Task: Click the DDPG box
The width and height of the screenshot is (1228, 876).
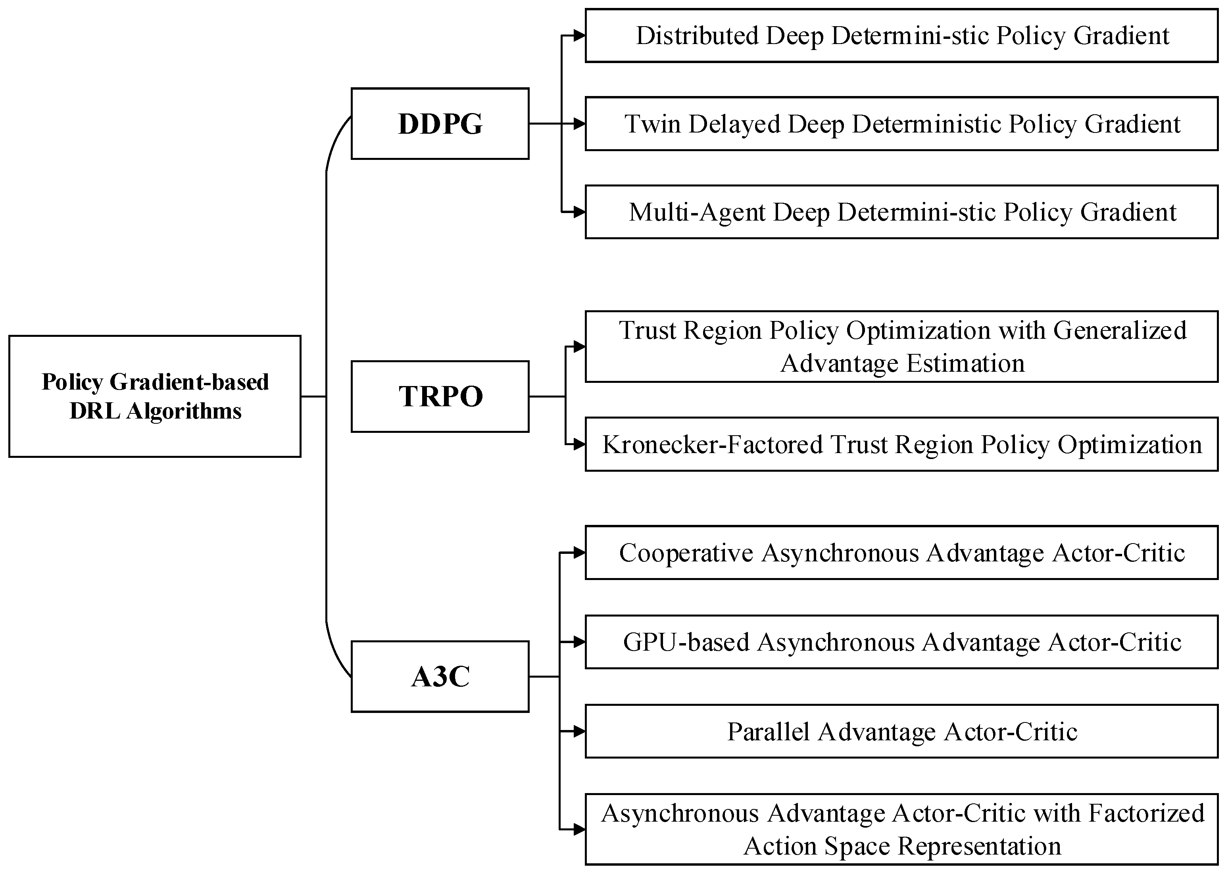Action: click(x=440, y=123)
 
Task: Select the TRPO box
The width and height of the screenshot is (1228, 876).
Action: click(x=440, y=396)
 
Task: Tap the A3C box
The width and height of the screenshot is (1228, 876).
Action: click(x=440, y=676)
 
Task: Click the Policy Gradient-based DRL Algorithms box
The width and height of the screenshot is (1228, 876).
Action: click(x=155, y=396)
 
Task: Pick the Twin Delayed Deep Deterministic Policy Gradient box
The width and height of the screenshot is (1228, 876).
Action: click(x=902, y=123)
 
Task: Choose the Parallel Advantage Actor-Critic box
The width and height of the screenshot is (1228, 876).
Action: click(x=902, y=732)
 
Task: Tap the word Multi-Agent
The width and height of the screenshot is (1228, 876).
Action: click(x=697, y=212)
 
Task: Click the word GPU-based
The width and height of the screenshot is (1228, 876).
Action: click(x=686, y=642)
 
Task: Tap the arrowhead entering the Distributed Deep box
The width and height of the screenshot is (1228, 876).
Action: click(x=579, y=36)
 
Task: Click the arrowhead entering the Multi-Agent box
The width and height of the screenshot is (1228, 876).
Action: click(x=579, y=212)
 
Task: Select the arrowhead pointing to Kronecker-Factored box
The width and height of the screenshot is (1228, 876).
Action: click(x=579, y=444)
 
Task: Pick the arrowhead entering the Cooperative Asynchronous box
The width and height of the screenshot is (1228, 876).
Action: click(x=579, y=553)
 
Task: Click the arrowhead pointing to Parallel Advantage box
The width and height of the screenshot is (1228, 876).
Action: click(x=579, y=732)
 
